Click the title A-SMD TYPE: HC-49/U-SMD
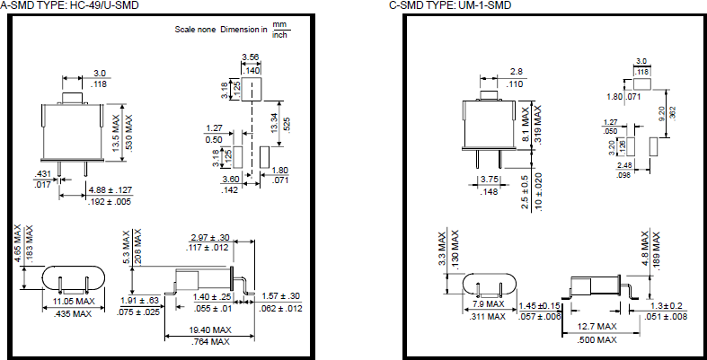[x=68, y=6]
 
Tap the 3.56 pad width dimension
[x=252, y=57]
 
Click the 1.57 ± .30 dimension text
[x=282, y=296]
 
